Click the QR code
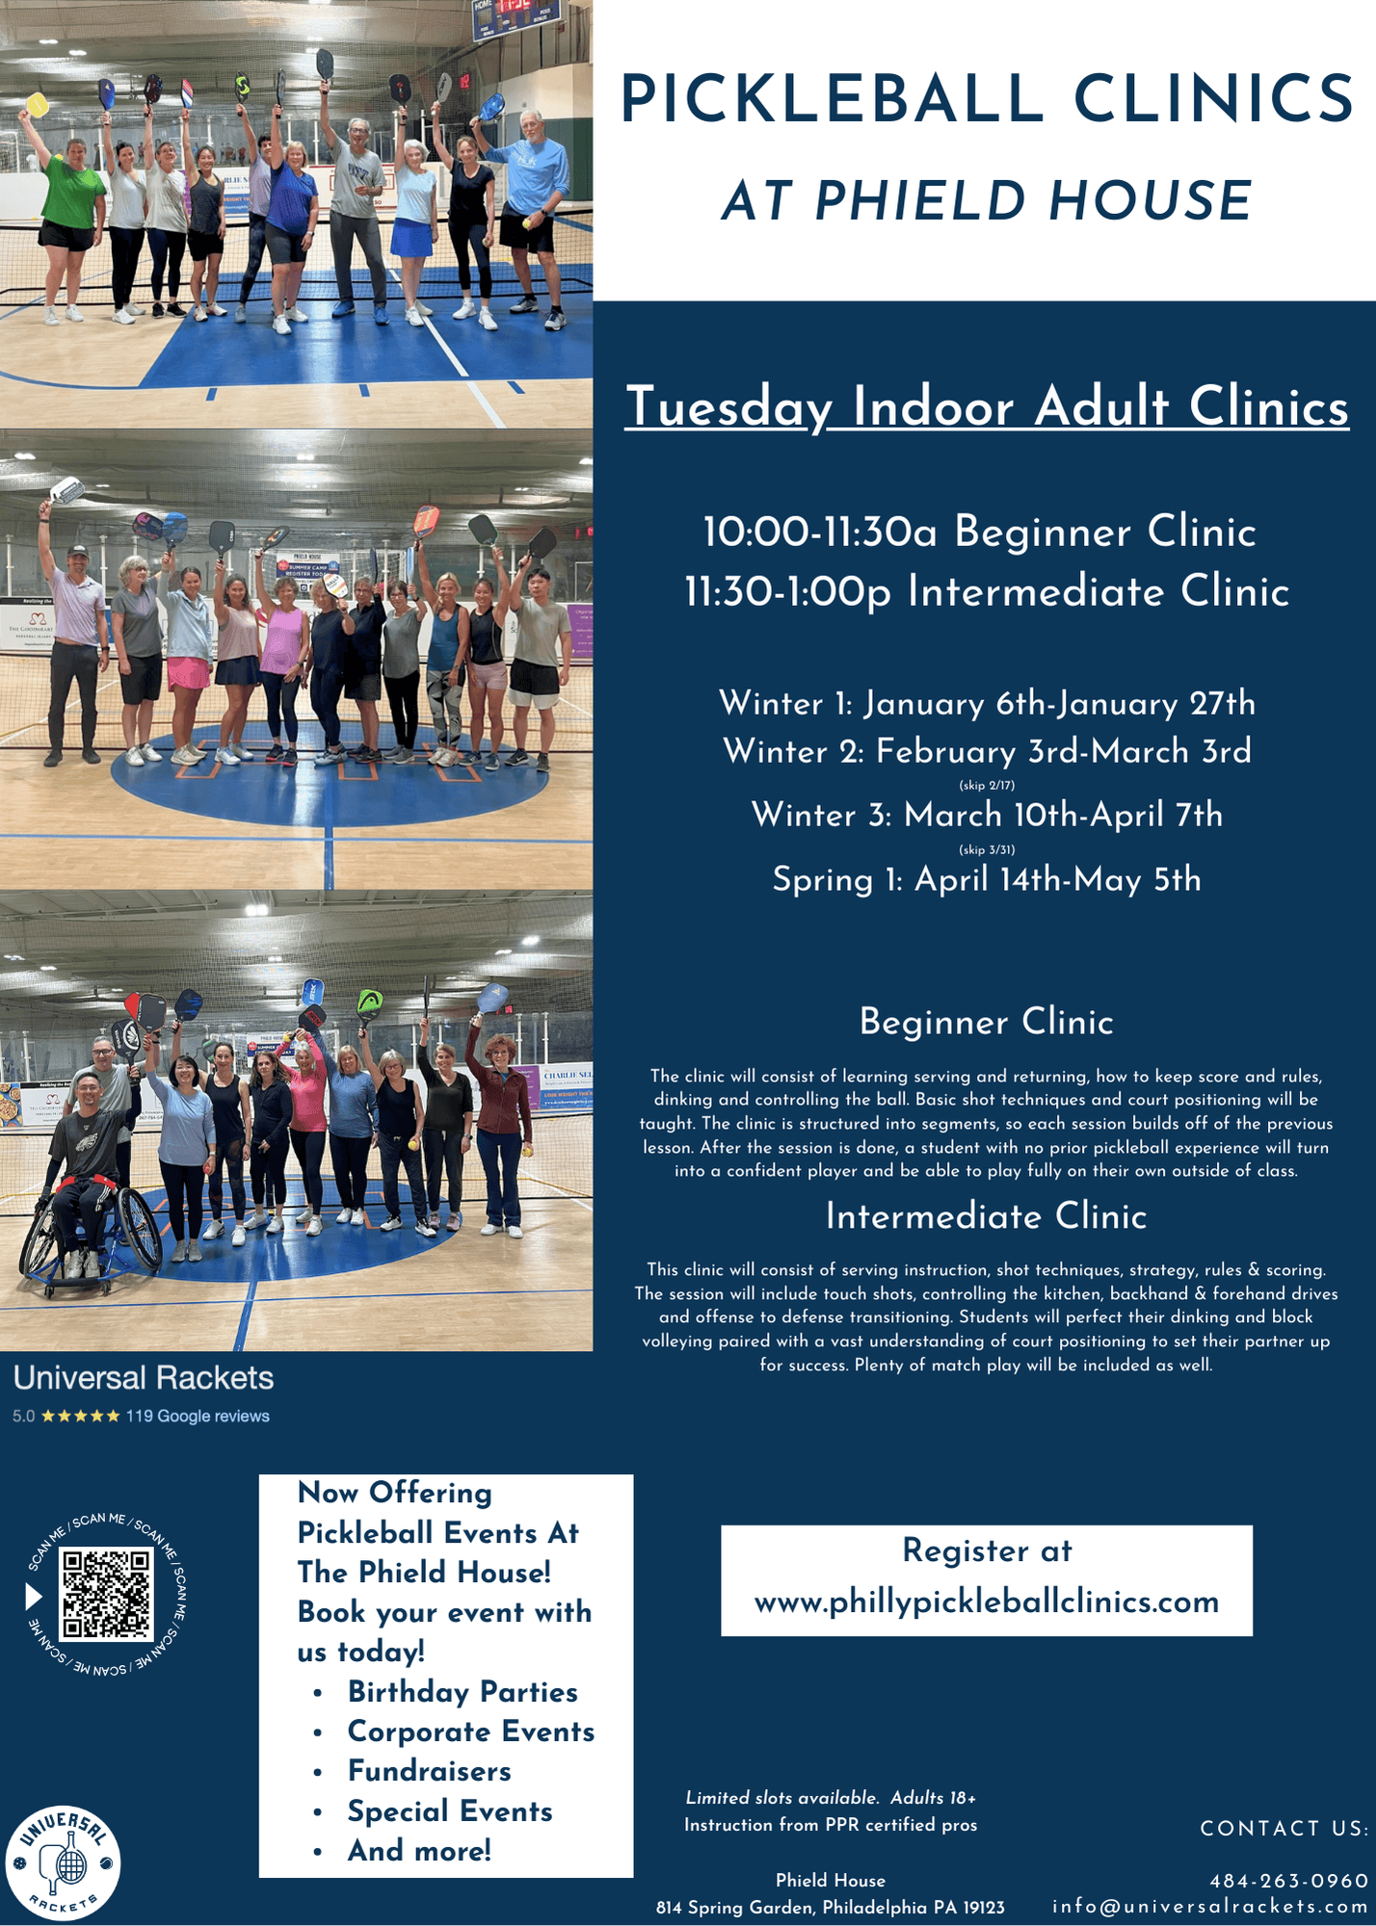106,1594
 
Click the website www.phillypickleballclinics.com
987,1602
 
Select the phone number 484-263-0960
1289,1881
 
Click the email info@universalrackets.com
1210,1907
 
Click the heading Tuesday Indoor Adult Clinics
987,406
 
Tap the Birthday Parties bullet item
463,1692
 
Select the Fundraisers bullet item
430,1771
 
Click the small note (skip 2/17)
987,785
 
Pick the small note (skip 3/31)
987,849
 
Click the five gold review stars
81,1416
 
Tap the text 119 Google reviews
198,1416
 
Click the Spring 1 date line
987,879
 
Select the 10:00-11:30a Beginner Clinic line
980,532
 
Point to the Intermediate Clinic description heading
987,1216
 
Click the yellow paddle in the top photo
38,104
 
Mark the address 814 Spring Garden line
831,1907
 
